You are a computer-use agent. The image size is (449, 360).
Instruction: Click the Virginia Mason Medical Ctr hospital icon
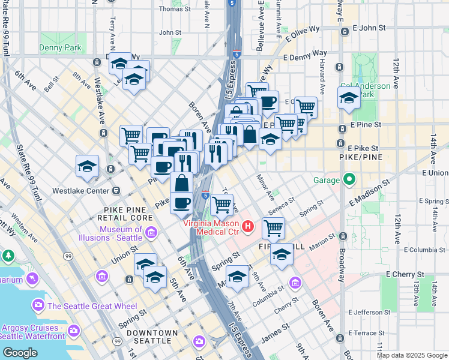[x=249, y=226]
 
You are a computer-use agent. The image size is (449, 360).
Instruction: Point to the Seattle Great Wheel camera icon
[x=38, y=305]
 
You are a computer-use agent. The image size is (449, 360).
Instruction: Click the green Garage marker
[x=349, y=179]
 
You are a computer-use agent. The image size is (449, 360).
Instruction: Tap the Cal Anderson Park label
[x=365, y=90]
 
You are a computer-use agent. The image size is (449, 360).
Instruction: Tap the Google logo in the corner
[x=20, y=353]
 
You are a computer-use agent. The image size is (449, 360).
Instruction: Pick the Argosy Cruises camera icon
[x=74, y=330]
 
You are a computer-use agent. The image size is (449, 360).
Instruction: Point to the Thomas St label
[x=174, y=9]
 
